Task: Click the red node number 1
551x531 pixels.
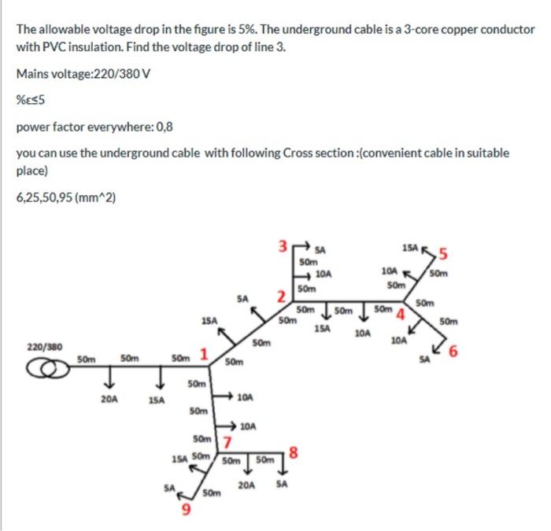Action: [204, 354]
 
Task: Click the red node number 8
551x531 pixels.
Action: [294, 451]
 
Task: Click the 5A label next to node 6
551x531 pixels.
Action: [425, 360]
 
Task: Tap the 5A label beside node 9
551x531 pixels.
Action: [168, 488]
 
